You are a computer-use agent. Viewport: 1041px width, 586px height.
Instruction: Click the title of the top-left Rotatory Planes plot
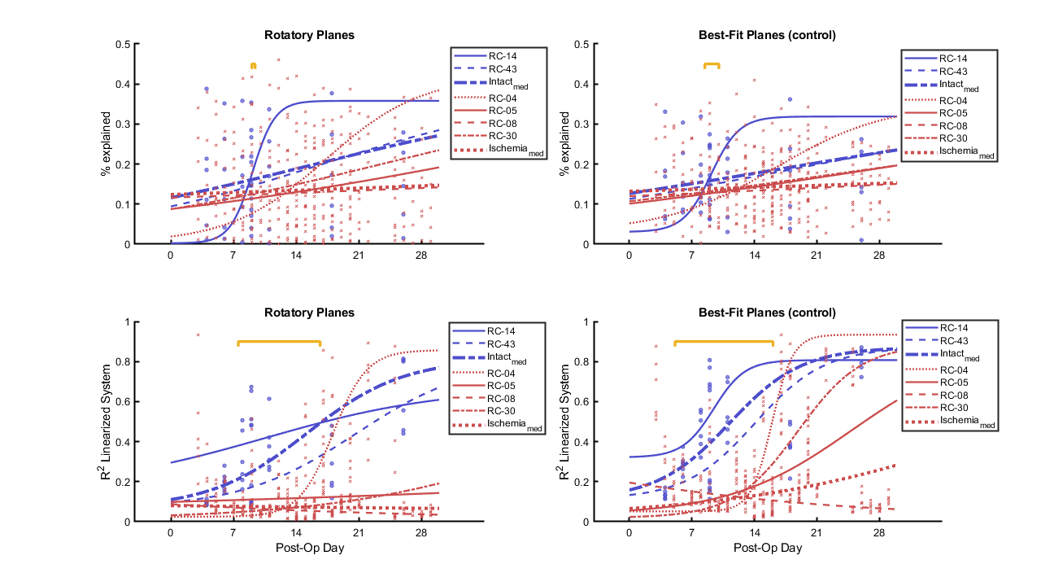(x=309, y=35)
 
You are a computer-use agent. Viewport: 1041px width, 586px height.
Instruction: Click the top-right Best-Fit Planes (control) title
(x=767, y=35)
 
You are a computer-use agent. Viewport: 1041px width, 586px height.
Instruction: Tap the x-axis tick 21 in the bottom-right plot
(x=817, y=532)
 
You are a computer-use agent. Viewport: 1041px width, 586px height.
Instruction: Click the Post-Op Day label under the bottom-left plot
(x=309, y=548)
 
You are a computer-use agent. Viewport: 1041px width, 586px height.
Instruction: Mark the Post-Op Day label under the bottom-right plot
(x=767, y=548)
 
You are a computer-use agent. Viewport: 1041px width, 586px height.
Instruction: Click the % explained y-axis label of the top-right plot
(x=564, y=144)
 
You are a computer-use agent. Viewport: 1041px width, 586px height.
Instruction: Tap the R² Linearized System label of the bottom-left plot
(x=107, y=422)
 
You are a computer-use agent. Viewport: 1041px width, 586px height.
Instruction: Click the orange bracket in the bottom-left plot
(x=279, y=342)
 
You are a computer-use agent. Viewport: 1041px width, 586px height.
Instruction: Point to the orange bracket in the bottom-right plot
(x=724, y=342)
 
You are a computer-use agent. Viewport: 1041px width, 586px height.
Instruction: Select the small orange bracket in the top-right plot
(x=712, y=64)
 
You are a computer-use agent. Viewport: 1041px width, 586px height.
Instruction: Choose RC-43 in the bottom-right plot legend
(x=952, y=342)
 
